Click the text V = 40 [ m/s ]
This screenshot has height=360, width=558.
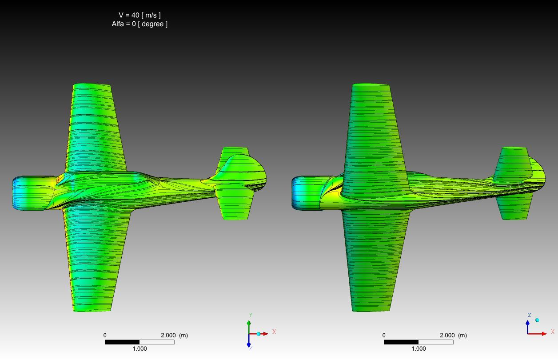[x=139, y=15]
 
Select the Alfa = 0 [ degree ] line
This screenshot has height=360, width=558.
[x=139, y=24]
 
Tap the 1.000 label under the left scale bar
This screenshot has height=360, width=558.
[x=139, y=348]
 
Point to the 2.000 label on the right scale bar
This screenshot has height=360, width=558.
[x=447, y=335]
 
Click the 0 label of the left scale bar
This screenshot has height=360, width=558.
[x=105, y=335]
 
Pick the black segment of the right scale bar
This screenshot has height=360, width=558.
[x=401, y=342]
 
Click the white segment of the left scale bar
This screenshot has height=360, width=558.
[x=157, y=342]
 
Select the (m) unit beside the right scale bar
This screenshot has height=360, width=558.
[x=462, y=335]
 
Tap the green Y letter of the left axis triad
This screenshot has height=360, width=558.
[x=251, y=315]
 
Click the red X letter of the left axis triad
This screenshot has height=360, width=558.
[x=274, y=332]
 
